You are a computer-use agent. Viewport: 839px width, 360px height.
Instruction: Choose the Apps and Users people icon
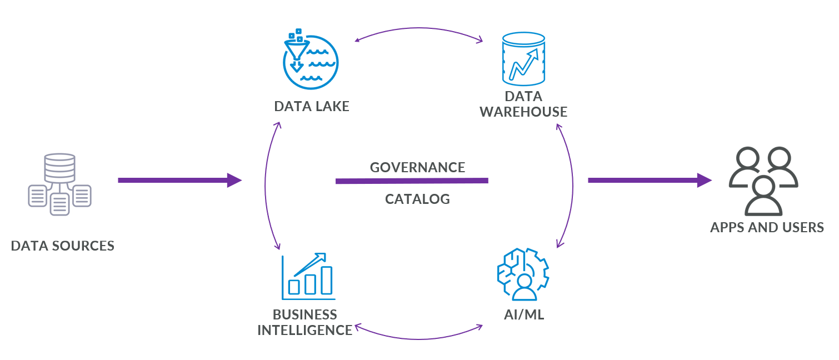point(763,181)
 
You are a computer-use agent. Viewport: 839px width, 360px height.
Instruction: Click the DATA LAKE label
point(312,106)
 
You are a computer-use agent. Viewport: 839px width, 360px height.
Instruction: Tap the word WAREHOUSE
point(523,112)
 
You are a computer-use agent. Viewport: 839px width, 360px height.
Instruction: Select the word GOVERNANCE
point(417,167)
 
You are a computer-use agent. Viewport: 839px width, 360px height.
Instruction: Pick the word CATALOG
point(417,199)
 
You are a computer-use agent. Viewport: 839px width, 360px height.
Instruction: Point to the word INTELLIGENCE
point(304,330)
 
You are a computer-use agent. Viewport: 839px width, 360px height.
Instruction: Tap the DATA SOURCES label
point(63,246)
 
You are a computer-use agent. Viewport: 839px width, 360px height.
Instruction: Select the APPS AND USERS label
point(767,227)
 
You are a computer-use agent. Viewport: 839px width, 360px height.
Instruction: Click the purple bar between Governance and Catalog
point(412,181)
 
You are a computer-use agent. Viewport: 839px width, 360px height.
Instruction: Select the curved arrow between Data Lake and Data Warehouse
point(418,29)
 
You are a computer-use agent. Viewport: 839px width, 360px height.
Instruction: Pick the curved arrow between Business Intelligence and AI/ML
point(418,337)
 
